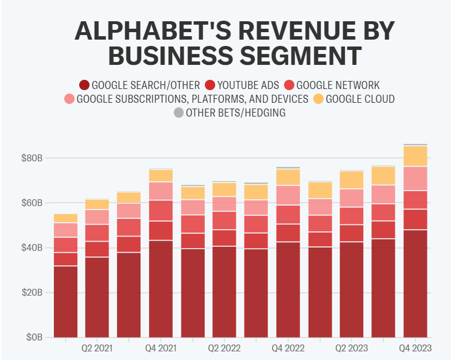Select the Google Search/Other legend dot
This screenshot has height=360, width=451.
(84, 85)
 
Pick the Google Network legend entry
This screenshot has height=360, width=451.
(338, 85)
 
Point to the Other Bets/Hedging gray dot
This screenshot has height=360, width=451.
(178, 113)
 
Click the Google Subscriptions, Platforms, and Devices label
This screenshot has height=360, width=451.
(192, 99)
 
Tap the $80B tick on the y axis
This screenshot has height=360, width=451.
(33, 158)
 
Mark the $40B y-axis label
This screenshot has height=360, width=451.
(33, 247)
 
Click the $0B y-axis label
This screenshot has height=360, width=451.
(35, 337)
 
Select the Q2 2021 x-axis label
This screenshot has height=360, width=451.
(97, 348)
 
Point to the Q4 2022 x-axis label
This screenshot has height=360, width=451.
(288, 348)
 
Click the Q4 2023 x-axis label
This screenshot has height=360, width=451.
(415, 348)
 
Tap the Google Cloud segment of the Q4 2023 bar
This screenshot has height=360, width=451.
(415, 156)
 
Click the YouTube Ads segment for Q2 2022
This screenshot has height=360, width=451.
(224, 238)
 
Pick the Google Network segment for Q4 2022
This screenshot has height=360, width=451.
(288, 214)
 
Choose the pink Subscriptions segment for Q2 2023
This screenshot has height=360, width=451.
(352, 198)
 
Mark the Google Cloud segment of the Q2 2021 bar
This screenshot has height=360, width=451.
(97, 204)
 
